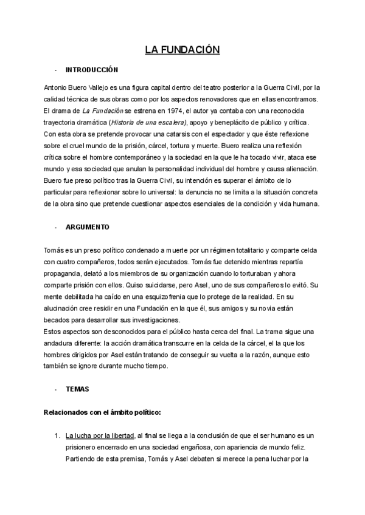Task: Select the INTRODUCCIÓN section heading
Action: (92, 70)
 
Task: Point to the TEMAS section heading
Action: (77, 389)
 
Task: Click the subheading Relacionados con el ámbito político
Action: (102, 412)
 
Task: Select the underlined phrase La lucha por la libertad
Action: (100, 436)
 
